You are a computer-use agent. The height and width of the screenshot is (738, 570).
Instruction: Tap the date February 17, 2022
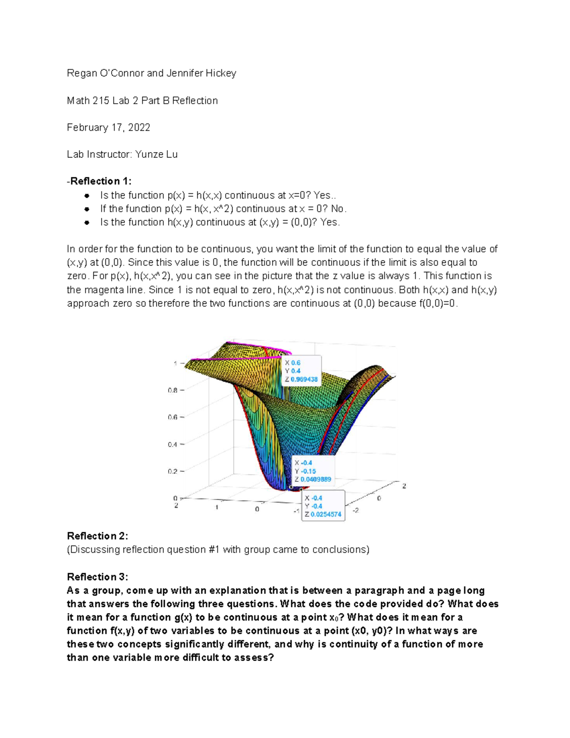click(x=108, y=127)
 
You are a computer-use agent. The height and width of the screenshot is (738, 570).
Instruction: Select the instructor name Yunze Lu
click(x=156, y=154)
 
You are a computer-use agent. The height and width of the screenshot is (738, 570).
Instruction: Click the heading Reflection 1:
click(x=100, y=181)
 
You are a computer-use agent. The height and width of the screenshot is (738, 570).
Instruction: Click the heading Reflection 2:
click(x=97, y=536)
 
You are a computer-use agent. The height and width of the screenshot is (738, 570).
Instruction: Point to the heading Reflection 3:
click(x=97, y=577)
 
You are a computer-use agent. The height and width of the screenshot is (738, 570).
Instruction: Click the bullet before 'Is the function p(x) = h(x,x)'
click(x=87, y=195)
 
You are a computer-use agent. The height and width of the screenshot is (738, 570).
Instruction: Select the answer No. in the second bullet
click(x=339, y=209)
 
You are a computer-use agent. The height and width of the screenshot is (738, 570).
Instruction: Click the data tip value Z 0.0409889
click(x=313, y=479)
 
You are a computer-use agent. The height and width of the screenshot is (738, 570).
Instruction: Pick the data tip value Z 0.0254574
click(x=323, y=514)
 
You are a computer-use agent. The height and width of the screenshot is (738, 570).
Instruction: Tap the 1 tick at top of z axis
click(x=175, y=364)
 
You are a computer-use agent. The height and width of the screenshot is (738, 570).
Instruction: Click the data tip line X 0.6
click(x=293, y=363)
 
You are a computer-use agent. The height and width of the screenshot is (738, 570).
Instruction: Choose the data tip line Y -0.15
click(x=305, y=471)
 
